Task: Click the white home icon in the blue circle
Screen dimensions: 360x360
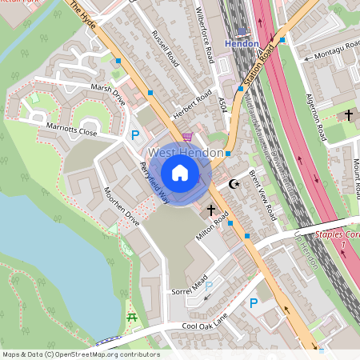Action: pyautogui.click(x=180, y=172)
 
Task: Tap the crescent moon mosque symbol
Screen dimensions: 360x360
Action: pyautogui.click(x=234, y=185)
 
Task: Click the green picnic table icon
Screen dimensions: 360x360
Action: pyautogui.click(x=132, y=318)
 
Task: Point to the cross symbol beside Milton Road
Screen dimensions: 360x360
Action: pyautogui.click(x=212, y=210)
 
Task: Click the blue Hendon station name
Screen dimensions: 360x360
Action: pyautogui.click(x=242, y=43)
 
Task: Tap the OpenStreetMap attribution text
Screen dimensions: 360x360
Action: pyautogui.click(x=81, y=354)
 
